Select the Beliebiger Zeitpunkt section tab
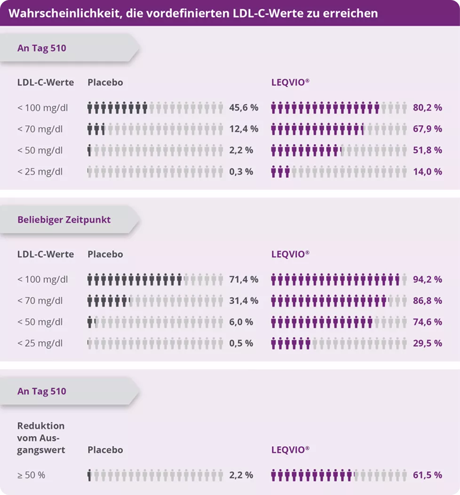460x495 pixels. pyautogui.click(x=64, y=220)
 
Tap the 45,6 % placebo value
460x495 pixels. pyautogui.click(x=243, y=107)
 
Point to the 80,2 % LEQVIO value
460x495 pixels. pyautogui.click(x=427, y=107)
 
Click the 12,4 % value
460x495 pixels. pyautogui.click(x=243, y=129)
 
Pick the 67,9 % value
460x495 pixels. pyautogui.click(x=427, y=129)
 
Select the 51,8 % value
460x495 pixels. pyautogui.click(x=427, y=150)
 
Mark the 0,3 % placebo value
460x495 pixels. pyautogui.click(x=241, y=171)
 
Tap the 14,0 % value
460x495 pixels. pyautogui.click(x=427, y=171)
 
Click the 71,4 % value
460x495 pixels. pyautogui.click(x=243, y=279)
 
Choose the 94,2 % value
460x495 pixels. pyautogui.click(x=427, y=279)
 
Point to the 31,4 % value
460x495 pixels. pyautogui.click(x=243, y=300)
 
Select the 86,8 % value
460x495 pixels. pyautogui.click(x=427, y=300)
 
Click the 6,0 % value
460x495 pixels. pyautogui.click(x=241, y=322)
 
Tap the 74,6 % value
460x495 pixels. pyautogui.click(x=427, y=322)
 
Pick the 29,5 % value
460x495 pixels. pyautogui.click(x=427, y=343)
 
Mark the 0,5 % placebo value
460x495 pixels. pyautogui.click(x=241, y=343)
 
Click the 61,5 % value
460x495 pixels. pyautogui.click(x=427, y=475)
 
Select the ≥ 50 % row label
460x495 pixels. pyautogui.click(x=32, y=475)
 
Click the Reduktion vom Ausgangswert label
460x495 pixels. pyautogui.click(x=41, y=438)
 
